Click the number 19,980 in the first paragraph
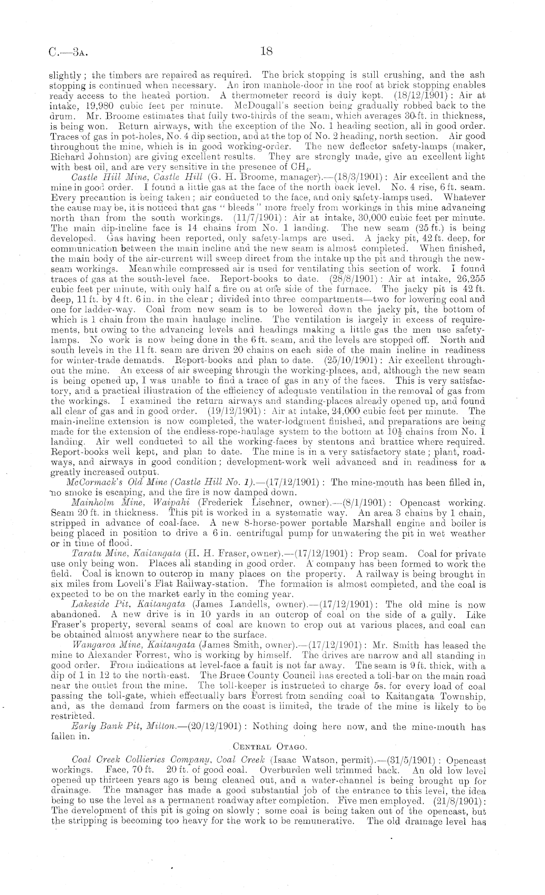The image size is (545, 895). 89,105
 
